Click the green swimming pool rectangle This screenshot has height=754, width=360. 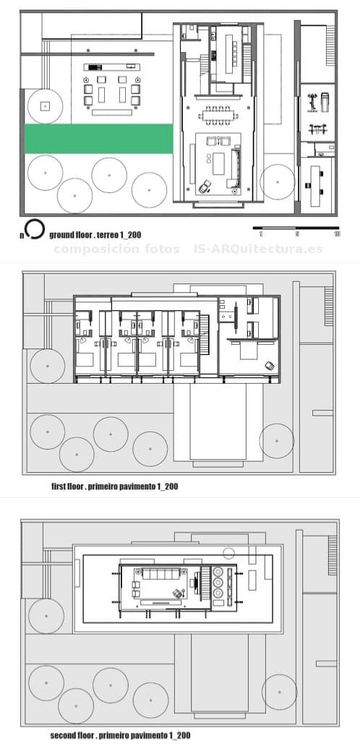pyautogui.click(x=99, y=139)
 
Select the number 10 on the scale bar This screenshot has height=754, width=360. pyautogui.click(x=337, y=234)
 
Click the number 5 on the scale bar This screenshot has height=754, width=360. pyautogui.click(x=297, y=234)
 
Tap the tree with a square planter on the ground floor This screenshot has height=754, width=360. pyautogui.click(x=45, y=106)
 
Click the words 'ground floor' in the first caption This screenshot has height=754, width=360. pyautogui.click(x=69, y=235)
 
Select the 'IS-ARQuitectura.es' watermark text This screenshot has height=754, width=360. pyautogui.click(x=258, y=249)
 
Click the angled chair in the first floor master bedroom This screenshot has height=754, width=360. pyautogui.click(x=270, y=367)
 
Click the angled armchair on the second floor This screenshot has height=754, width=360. pyautogui.click(x=176, y=593)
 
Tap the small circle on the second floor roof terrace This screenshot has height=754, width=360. pyautogui.click(x=228, y=554)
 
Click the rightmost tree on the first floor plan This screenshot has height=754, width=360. pyautogui.click(x=277, y=440)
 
